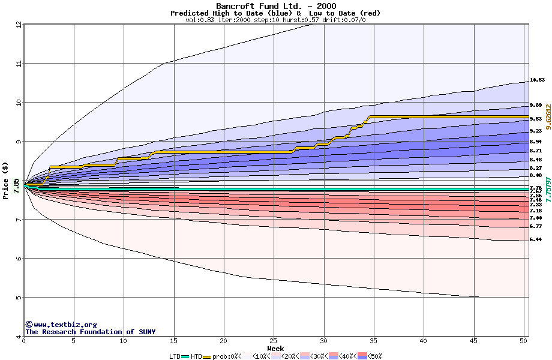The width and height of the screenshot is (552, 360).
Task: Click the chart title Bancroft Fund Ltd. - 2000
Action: (x=275, y=5)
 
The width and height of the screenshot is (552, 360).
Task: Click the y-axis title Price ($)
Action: (x=5, y=181)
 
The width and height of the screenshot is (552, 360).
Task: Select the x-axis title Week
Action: (x=275, y=348)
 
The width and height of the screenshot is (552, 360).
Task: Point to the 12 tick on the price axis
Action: (x=19, y=25)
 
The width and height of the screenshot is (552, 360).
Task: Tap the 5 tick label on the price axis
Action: (x=19, y=298)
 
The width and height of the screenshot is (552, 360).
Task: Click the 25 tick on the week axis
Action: (x=274, y=341)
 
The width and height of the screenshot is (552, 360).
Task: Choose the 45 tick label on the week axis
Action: (x=473, y=341)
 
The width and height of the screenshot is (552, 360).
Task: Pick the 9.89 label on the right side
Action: (x=536, y=105)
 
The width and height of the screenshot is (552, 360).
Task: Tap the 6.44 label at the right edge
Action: (x=536, y=239)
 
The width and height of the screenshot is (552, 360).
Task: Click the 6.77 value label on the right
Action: (x=536, y=226)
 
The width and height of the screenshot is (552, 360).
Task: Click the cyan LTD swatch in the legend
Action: (x=185, y=356)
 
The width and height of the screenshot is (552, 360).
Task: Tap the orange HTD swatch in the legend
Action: (x=208, y=356)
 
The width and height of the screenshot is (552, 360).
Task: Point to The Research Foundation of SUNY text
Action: (x=90, y=332)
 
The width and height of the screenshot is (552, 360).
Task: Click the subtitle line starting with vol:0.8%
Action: (x=275, y=20)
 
